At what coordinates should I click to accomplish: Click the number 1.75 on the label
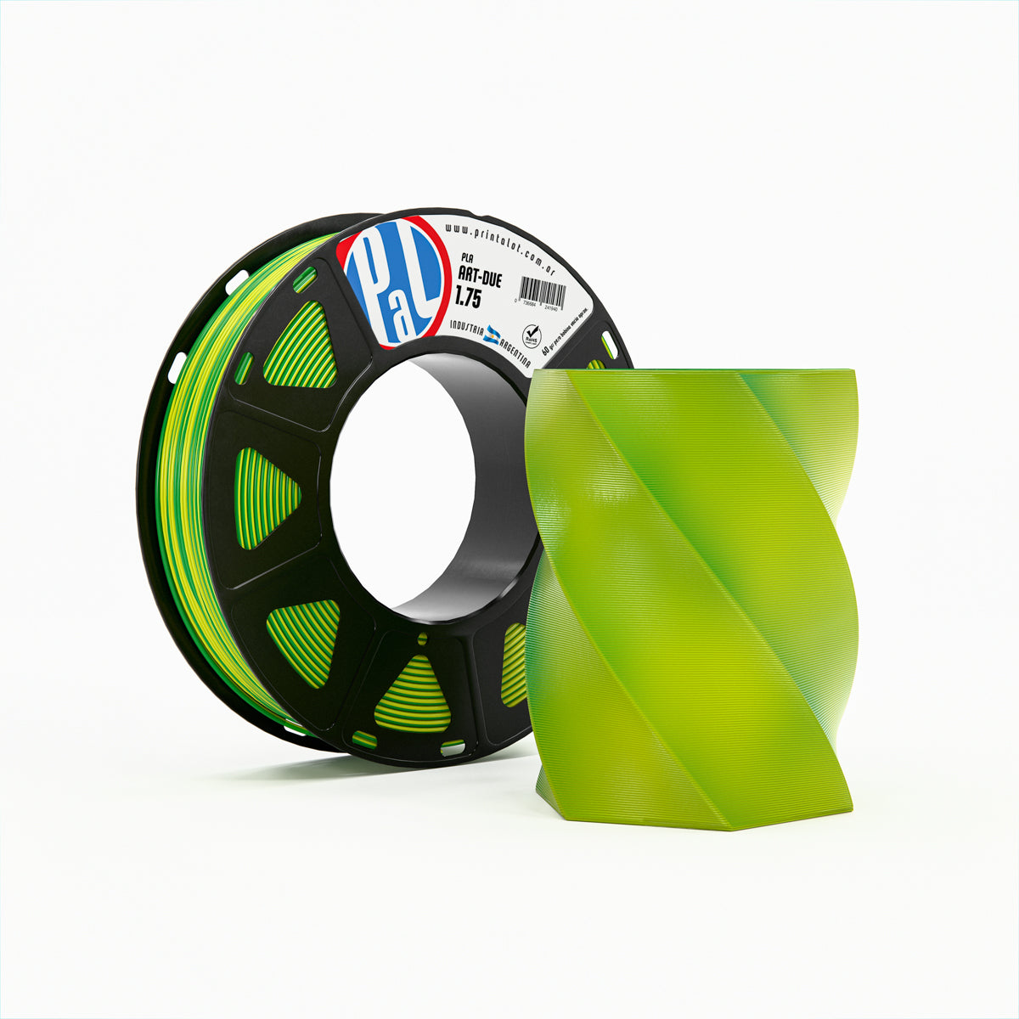467,296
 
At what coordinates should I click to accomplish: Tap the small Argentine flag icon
493,335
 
